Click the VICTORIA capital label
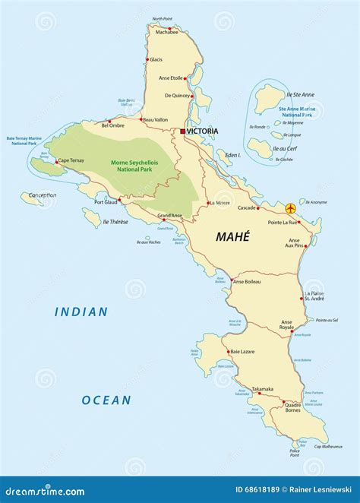point(203,131)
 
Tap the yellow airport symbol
point(289,207)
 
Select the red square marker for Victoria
point(183,131)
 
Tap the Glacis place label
point(156,59)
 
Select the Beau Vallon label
point(155,119)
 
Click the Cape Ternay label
point(71,160)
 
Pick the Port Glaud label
point(106,202)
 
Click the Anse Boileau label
point(247,282)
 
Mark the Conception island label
point(43,195)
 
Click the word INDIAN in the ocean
point(81,312)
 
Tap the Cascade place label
point(248,207)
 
